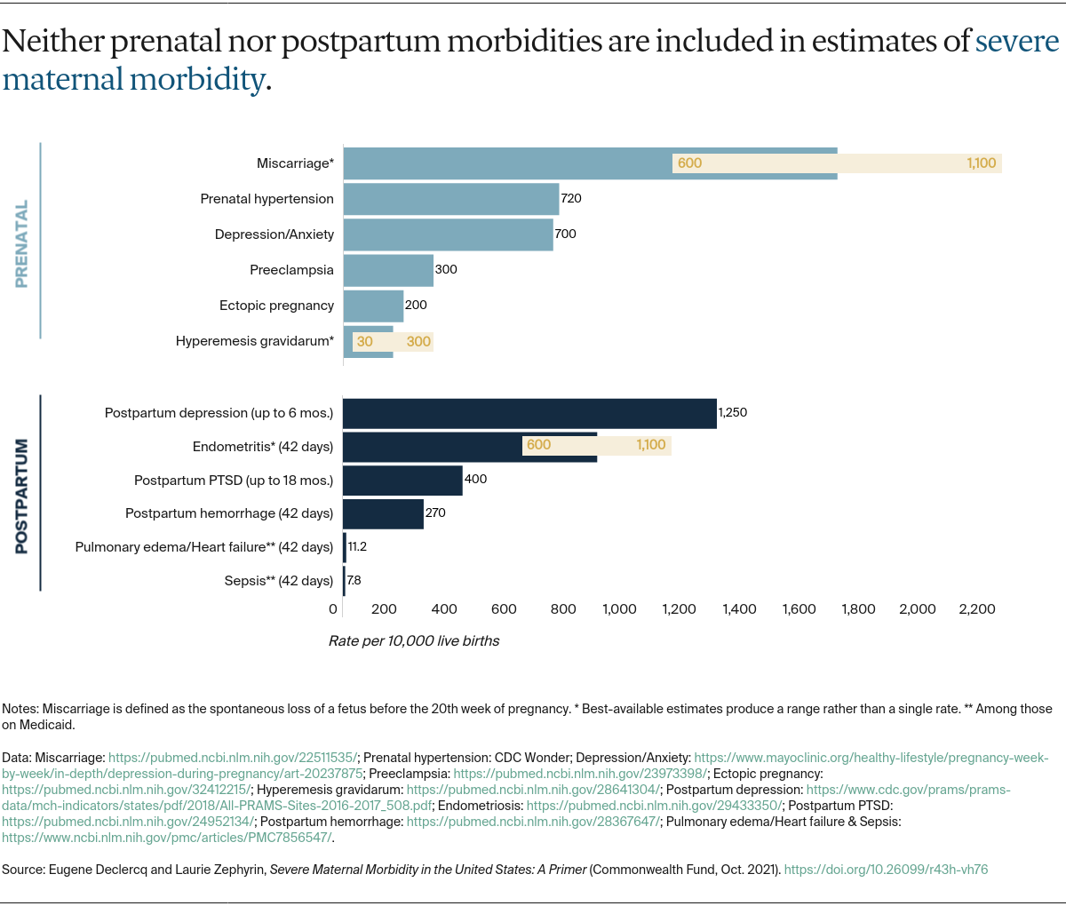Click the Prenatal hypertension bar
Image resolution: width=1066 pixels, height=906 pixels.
coord(451,199)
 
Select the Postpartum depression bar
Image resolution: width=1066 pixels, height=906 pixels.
coord(529,414)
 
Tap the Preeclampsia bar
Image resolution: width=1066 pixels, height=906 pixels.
coord(388,270)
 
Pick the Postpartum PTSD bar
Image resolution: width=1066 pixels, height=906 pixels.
coord(402,481)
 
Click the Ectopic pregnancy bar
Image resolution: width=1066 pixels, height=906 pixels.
coord(373,306)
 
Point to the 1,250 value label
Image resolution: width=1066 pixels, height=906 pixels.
coord(733,412)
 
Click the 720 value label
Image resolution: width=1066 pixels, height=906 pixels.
coord(571,198)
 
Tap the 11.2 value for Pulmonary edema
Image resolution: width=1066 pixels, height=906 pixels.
coord(357,546)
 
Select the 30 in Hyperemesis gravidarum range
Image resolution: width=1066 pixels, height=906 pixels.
coord(365,341)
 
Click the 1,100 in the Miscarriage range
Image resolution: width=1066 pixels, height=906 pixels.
coord(982,163)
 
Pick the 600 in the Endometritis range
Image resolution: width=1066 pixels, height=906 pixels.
coord(538,444)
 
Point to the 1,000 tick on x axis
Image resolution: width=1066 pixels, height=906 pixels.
coord(619,608)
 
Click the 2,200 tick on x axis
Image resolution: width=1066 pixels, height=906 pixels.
coord(977,608)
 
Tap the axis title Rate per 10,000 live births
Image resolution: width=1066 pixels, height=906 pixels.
coord(414,640)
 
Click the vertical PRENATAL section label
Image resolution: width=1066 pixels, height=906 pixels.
coord(22,243)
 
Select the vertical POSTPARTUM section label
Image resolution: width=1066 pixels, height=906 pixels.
coord(22,496)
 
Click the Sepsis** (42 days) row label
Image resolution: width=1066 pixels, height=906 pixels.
coord(279,581)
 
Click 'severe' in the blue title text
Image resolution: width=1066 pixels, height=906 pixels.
coord(1017,41)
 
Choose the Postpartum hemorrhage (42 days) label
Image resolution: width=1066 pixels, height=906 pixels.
coord(229,513)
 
